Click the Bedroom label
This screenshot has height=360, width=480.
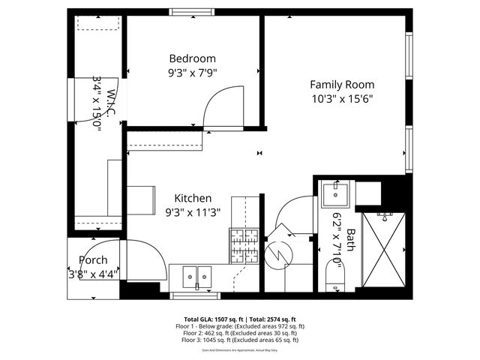pyautogui.click(x=192, y=58)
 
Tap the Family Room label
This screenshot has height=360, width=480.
pyautogui.click(x=342, y=85)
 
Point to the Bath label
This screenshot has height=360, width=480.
pyautogui.click(x=349, y=243)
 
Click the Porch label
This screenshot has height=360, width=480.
pyautogui.click(x=93, y=260)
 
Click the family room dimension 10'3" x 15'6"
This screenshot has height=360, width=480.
pyautogui.click(x=342, y=98)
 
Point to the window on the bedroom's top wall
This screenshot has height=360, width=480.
pyautogui.click(x=192, y=12)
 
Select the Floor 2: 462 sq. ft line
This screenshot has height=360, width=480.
pyautogui.click(x=239, y=333)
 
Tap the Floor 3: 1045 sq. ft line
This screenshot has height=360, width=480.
pyautogui.click(x=239, y=340)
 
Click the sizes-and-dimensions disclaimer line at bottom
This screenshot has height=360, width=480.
pyautogui.click(x=239, y=349)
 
